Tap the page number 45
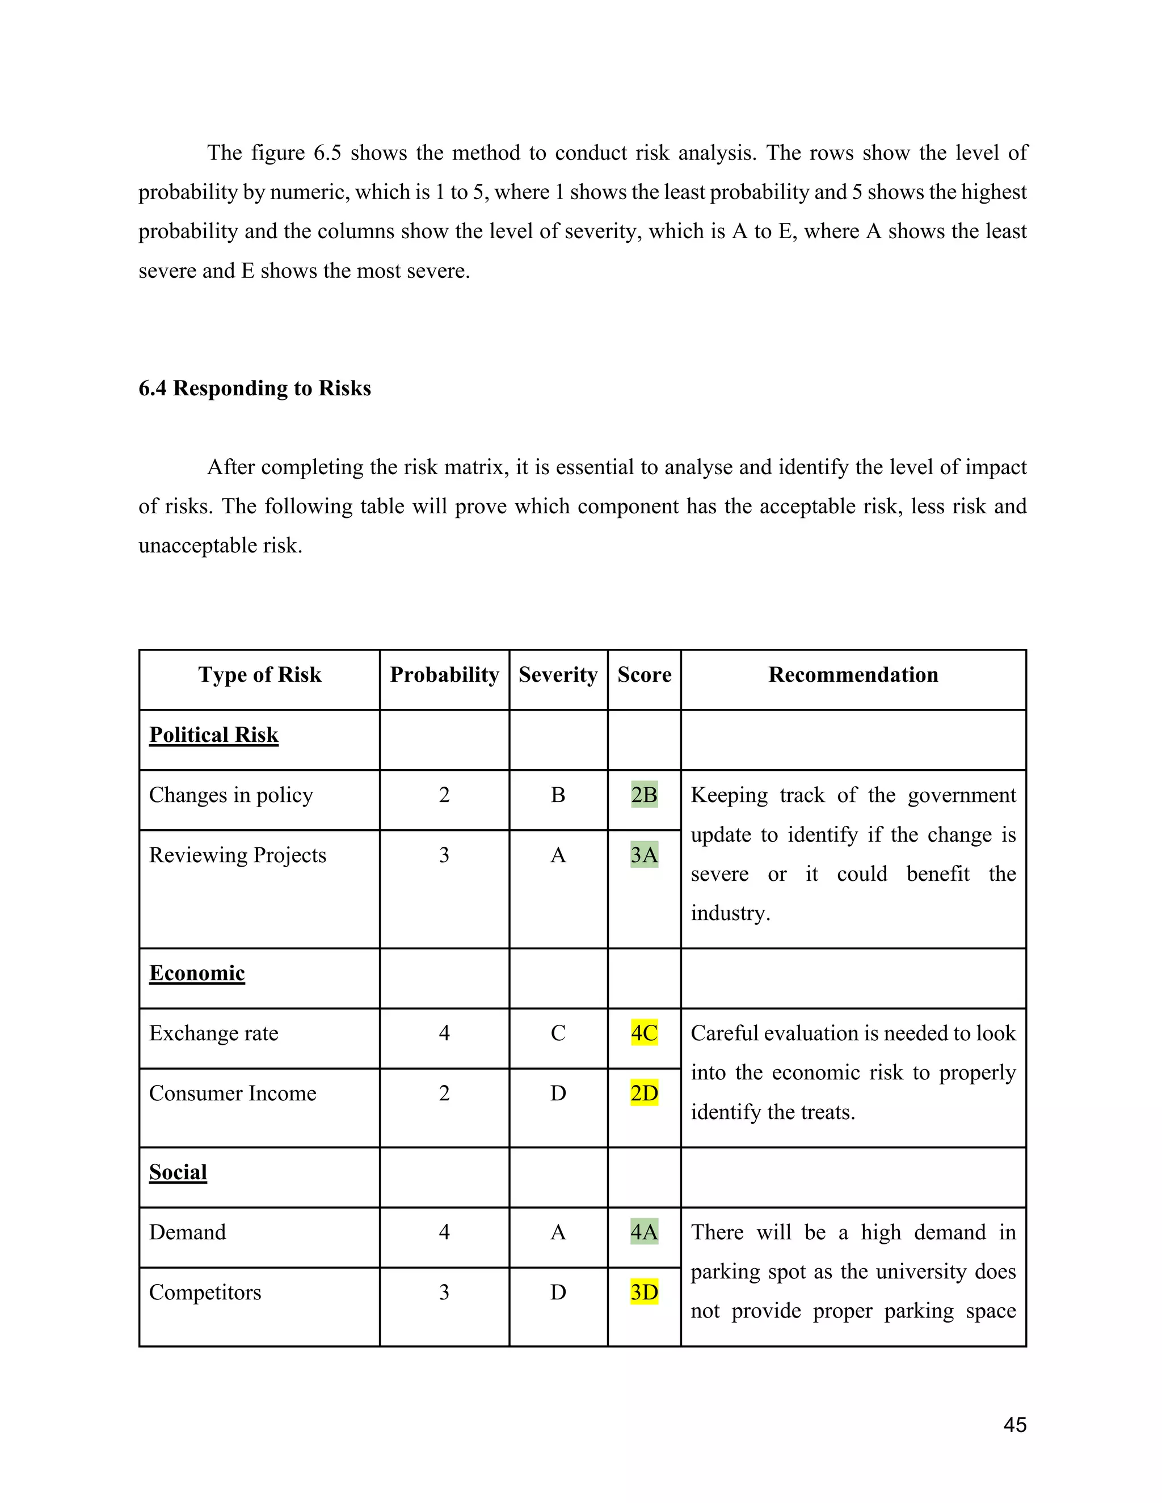point(1014,1425)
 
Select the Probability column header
point(444,674)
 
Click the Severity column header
point(558,674)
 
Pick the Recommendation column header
point(853,674)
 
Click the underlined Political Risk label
point(213,735)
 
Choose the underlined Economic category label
point(197,973)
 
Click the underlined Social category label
point(178,1172)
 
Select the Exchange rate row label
point(213,1033)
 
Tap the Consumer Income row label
point(232,1093)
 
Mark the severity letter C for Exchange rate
point(558,1033)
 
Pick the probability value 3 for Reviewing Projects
point(444,855)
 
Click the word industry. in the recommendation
point(730,913)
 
